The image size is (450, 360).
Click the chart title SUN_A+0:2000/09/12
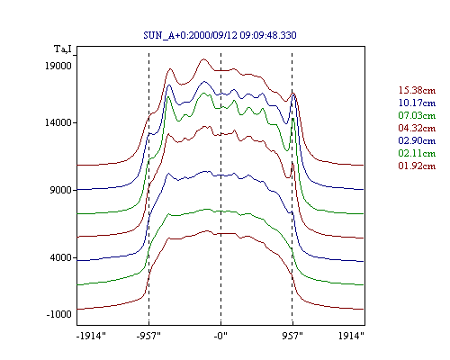[x=190, y=35]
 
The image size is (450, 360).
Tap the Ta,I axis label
[x=63, y=49]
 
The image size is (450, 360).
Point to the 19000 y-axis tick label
[x=58, y=66]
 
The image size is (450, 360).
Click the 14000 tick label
[x=58, y=122]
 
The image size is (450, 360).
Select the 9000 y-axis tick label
[x=60, y=190]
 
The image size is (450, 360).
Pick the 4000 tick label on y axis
[x=60, y=257]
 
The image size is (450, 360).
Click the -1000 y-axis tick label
[x=58, y=314]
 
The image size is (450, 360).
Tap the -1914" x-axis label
[x=91, y=336]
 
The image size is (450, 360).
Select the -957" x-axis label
[x=148, y=336]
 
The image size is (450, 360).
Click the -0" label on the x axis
[x=220, y=336]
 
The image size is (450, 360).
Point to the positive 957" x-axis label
[x=292, y=336]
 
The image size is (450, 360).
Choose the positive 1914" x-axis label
[x=351, y=336]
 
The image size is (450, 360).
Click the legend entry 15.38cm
[x=417, y=90]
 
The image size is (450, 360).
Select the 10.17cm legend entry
[x=417, y=103]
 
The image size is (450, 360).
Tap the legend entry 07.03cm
[x=417, y=115]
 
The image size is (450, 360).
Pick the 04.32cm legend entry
[x=417, y=128]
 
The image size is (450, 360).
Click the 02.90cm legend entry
[x=417, y=140]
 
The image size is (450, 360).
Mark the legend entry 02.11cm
[x=417, y=153]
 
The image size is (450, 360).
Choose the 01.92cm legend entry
[x=417, y=166]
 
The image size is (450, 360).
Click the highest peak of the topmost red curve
[x=204, y=59]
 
